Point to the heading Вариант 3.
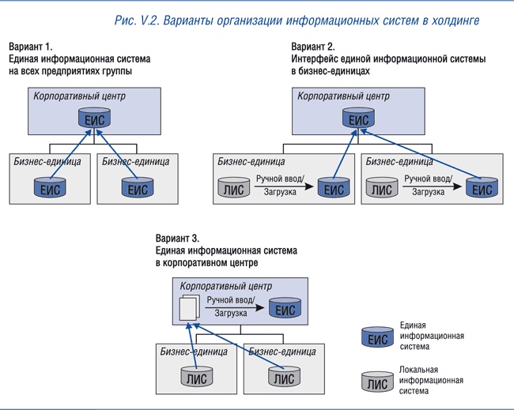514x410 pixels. pos(178,238)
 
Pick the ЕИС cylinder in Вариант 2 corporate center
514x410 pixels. pos(358,119)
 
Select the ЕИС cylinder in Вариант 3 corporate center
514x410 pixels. pos(284,308)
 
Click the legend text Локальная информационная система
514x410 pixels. pos(431,380)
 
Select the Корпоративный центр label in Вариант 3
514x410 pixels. pos(225,285)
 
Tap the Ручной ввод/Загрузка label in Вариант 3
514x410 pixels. pos(229,307)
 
